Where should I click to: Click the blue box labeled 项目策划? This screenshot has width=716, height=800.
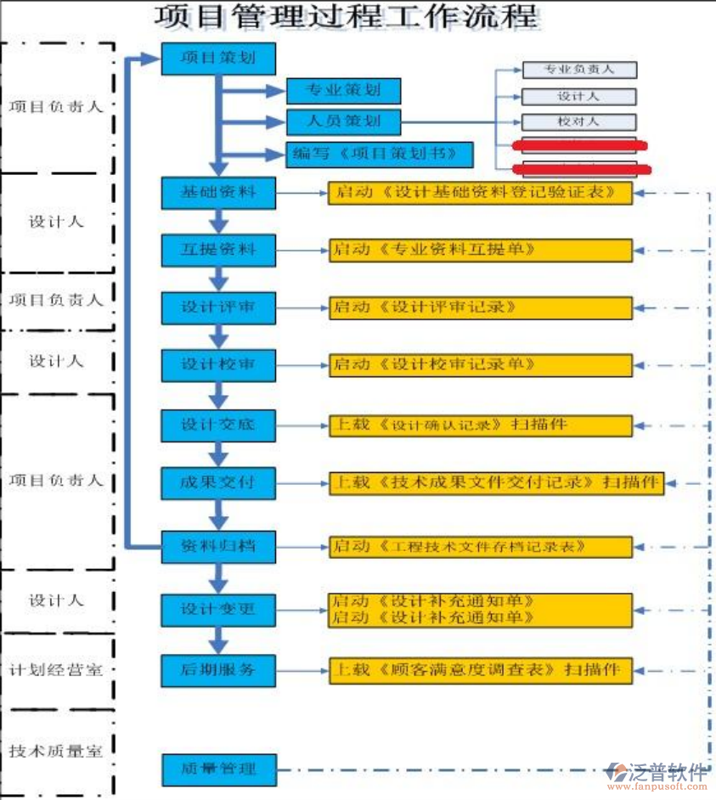coord(218,59)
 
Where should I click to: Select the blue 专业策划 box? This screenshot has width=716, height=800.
coord(342,90)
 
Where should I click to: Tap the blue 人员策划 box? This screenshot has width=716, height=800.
coord(342,121)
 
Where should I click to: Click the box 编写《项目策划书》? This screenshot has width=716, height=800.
coord(379,154)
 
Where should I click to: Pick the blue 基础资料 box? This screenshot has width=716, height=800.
coord(218,193)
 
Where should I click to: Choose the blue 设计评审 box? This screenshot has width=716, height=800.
coord(218,307)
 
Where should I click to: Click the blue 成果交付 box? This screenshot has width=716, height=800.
coord(218,483)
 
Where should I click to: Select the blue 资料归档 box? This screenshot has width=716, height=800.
coord(218,546)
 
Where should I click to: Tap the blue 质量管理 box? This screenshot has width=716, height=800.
coord(218,770)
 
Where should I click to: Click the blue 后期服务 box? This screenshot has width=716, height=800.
coord(218,669)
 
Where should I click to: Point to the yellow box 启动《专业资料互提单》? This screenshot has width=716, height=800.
coord(481,251)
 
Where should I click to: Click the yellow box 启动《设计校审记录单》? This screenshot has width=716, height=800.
coord(481,365)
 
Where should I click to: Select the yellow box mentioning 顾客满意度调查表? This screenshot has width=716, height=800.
coord(481,670)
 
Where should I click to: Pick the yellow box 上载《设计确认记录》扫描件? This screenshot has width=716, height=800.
coord(481,425)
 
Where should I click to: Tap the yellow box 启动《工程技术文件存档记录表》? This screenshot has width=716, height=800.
coord(481,547)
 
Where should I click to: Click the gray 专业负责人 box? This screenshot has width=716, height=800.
coord(578,70)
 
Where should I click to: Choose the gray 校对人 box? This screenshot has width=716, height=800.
coord(578,122)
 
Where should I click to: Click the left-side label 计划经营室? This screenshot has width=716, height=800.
coord(55,670)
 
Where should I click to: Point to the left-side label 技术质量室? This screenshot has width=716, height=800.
coord(55,752)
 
